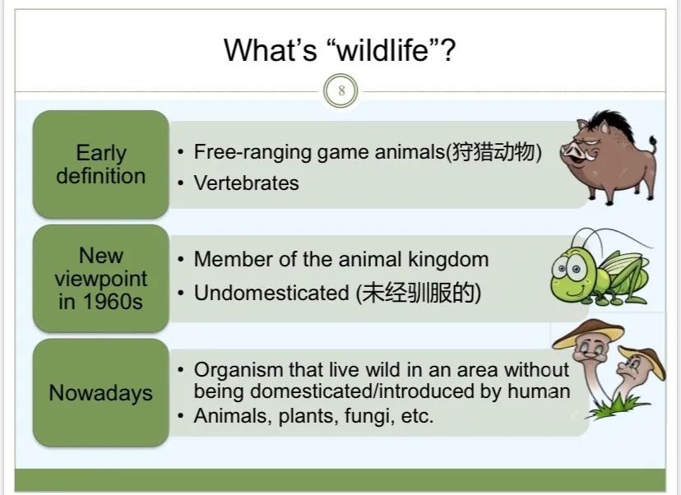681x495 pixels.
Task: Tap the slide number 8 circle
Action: [341, 90]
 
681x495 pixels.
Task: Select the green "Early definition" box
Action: [101, 164]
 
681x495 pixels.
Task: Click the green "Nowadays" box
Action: [101, 392]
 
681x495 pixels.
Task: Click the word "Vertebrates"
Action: [246, 183]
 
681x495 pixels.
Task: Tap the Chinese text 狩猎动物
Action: [493, 152]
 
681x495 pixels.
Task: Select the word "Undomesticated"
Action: [271, 292]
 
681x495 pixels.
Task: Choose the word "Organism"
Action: [239, 370]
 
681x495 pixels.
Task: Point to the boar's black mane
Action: [614, 123]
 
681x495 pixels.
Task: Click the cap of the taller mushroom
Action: [589, 334]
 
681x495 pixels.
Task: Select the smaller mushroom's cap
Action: [644, 358]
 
